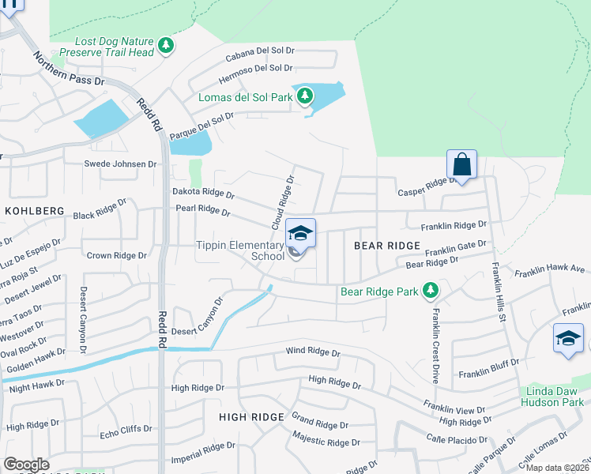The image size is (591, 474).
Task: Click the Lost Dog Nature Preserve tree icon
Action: (x=165, y=47)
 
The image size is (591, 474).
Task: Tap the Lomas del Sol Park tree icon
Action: (x=304, y=97)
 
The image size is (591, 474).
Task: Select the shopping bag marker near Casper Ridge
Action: (x=461, y=165)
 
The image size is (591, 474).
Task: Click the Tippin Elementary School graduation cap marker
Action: (x=300, y=232)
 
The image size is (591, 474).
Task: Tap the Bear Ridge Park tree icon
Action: (x=431, y=292)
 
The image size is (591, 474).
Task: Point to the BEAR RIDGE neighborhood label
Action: (x=386, y=246)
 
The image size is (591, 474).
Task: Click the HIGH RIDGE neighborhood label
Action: (x=250, y=416)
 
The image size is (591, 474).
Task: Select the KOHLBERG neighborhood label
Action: (x=34, y=211)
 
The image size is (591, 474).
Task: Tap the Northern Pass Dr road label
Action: (x=69, y=70)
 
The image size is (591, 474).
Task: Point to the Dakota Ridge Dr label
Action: (x=203, y=194)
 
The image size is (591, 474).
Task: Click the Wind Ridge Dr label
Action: (x=312, y=352)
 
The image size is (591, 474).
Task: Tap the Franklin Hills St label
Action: (x=498, y=292)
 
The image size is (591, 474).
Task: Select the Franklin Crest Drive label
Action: (x=435, y=335)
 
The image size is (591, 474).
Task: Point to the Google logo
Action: (x=26, y=465)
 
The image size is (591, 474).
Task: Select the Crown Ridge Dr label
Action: (x=116, y=256)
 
